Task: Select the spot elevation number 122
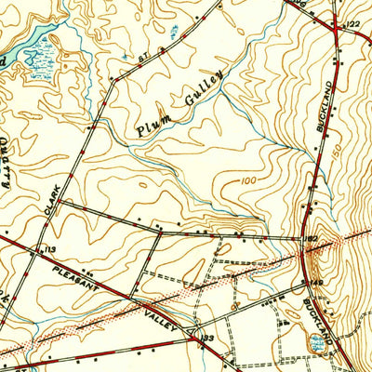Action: tap(352, 23)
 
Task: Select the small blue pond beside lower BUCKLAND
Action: tap(319, 342)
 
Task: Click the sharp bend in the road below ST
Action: tap(111, 79)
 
